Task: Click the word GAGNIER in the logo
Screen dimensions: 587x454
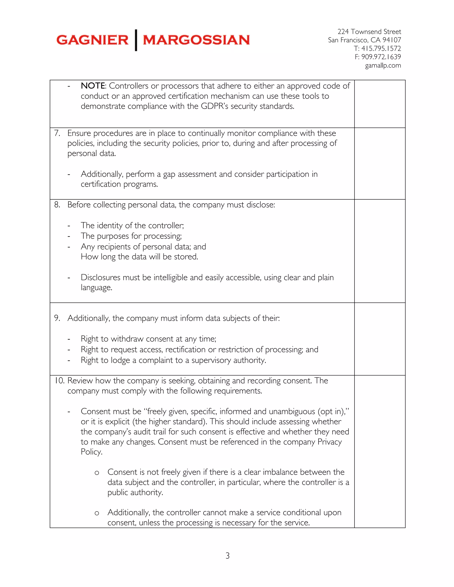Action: tap(92, 40)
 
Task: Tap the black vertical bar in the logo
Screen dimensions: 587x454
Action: tap(136, 40)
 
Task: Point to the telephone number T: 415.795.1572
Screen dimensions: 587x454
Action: tap(377, 48)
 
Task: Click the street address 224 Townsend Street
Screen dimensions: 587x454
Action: tap(369, 31)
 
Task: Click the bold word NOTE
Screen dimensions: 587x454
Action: tap(93, 86)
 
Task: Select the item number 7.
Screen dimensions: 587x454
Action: tap(57, 133)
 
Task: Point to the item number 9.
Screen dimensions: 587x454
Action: tap(57, 318)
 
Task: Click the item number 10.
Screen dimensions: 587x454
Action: tap(59, 381)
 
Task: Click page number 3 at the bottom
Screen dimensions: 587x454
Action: tap(227, 556)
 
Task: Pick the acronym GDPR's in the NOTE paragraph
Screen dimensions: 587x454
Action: tap(214, 106)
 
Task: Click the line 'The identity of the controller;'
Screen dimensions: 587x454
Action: tap(132, 225)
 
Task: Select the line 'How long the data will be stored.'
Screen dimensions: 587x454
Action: tap(139, 257)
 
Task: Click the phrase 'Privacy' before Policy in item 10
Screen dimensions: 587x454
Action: tap(329, 442)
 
